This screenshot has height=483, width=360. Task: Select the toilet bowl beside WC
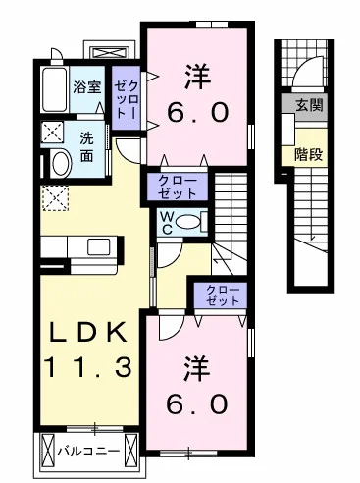[x=193, y=220]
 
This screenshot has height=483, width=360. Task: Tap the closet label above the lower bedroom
[x=221, y=294]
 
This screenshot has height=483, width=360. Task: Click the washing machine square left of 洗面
[x=52, y=131]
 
